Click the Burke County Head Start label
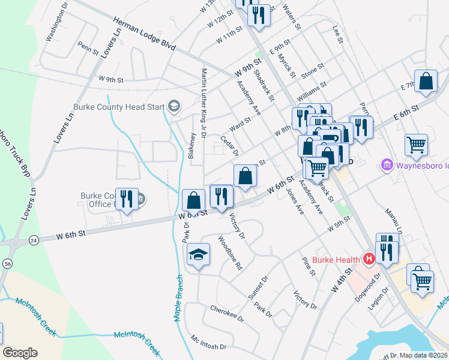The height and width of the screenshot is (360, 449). point(118,107)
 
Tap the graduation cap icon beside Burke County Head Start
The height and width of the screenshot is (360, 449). point(173,107)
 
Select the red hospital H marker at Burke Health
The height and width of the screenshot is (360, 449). point(369,259)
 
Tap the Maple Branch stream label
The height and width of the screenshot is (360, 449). point(178,298)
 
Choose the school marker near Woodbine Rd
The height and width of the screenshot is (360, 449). point(198,255)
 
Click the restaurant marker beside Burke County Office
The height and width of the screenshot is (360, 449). point(127,199)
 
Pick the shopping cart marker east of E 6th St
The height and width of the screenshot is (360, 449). point(416,145)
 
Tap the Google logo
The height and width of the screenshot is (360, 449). point(20,353)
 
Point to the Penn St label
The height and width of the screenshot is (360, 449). point(88,47)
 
